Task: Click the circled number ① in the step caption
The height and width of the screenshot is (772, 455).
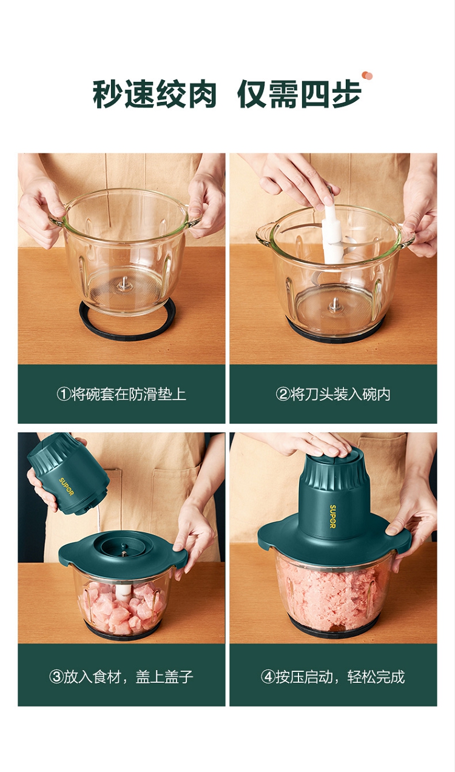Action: (64, 394)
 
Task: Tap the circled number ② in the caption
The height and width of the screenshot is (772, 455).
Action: (283, 394)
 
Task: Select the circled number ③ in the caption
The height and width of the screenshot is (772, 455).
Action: (56, 677)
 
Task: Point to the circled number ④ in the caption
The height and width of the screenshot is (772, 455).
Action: (268, 677)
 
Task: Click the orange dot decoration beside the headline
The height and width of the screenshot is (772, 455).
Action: (367, 75)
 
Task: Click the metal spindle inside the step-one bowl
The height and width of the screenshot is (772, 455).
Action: (123, 284)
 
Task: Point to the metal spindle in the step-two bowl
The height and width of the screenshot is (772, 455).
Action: (334, 306)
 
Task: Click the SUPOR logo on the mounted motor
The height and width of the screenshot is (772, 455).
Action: (332, 516)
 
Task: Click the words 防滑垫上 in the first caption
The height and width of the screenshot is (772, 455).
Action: (157, 394)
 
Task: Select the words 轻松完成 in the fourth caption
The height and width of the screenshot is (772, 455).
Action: (376, 677)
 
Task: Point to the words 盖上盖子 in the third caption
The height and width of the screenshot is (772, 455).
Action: (164, 677)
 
